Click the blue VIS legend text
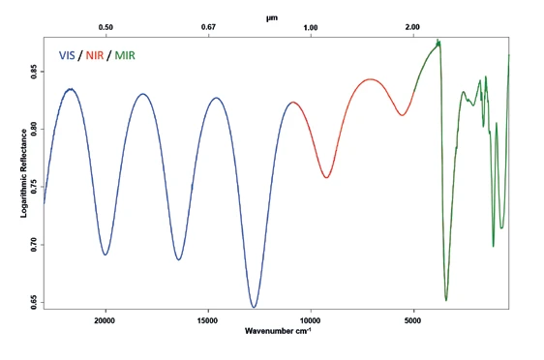[71, 55]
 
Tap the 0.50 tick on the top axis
[106, 27]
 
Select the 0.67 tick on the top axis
[208, 27]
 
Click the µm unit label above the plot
[272, 16]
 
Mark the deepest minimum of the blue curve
[254, 307]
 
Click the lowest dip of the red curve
[327, 177]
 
